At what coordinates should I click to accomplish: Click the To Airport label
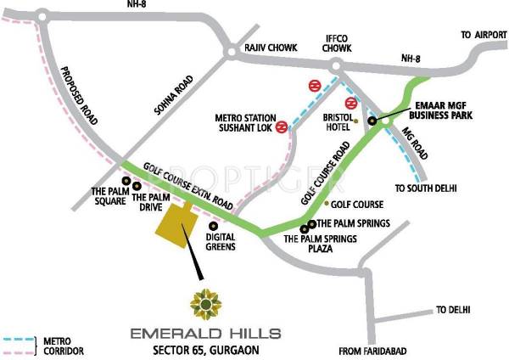478,34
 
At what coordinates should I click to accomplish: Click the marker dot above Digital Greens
201,226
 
